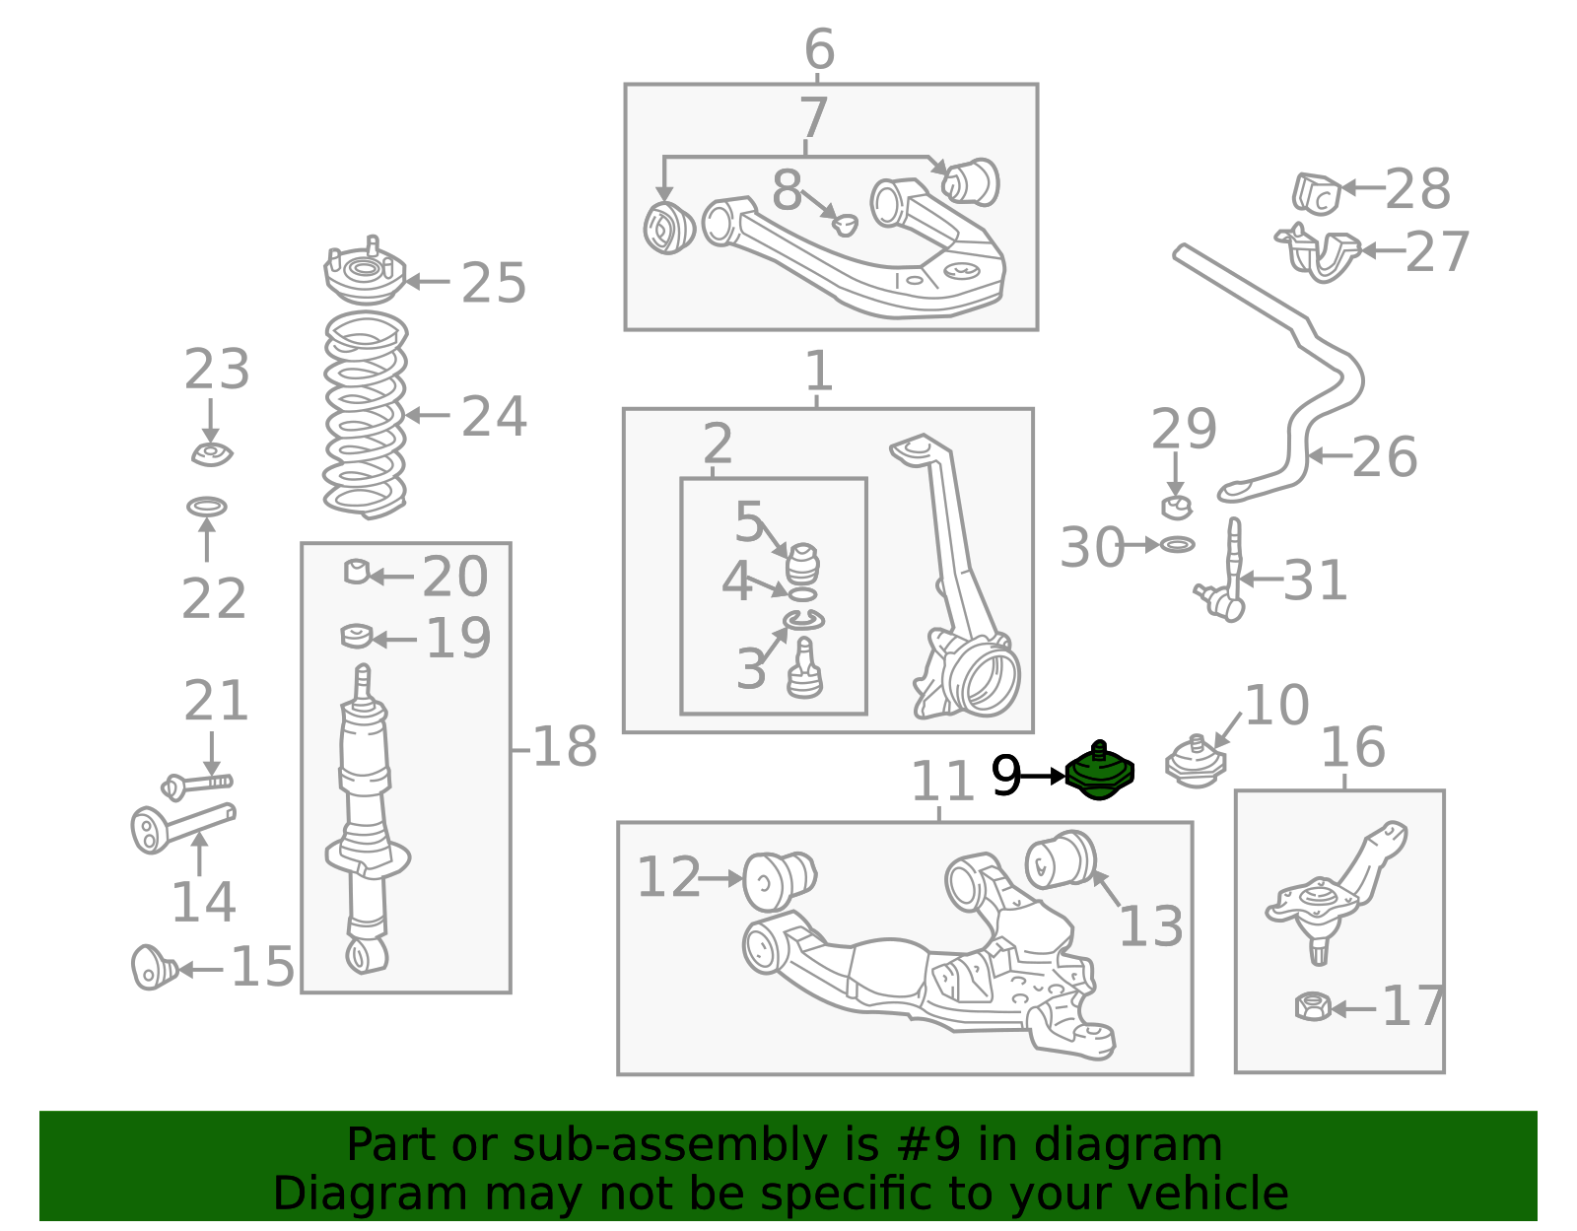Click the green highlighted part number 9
pyautogui.click(x=1099, y=772)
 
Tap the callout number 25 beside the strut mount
pyautogui.click(x=494, y=283)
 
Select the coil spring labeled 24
pyautogui.click(x=365, y=415)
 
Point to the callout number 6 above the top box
pyautogui.click(x=819, y=49)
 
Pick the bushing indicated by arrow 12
pyautogui.click(x=780, y=881)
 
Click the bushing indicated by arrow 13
pyautogui.click(x=1061, y=859)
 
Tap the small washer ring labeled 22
pyautogui.click(x=207, y=507)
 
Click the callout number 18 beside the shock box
pyautogui.click(x=565, y=746)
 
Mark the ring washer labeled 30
pyautogui.click(x=1177, y=544)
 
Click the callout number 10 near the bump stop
pyautogui.click(x=1276, y=705)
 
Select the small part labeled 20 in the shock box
pyautogui.click(x=357, y=572)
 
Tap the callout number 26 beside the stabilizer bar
pyautogui.click(x=1384, y=457)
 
